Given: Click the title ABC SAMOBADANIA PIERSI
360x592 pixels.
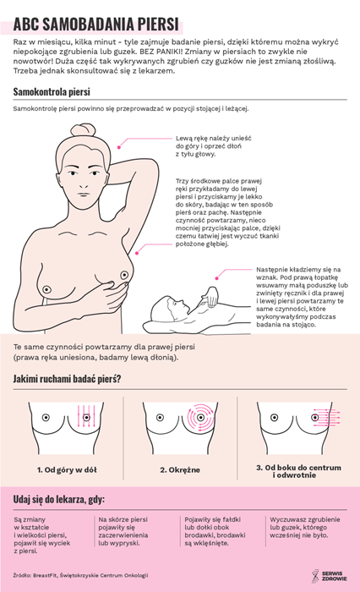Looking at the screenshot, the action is point(95,25).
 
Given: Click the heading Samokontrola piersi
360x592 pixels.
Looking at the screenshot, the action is point(52,91).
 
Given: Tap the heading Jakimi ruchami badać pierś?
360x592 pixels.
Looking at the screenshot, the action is point(67,379).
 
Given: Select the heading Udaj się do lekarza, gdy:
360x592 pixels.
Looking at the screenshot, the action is point(59,500).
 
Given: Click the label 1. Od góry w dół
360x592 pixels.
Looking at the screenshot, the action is point(67,470).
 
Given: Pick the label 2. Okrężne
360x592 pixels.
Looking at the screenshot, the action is point(180,470).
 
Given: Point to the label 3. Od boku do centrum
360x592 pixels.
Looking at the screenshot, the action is point(298,468).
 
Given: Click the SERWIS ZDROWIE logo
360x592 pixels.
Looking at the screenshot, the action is point(329,576).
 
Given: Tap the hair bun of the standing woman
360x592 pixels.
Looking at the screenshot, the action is point(84,130).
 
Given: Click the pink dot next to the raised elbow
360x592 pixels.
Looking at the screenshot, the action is point(119,147).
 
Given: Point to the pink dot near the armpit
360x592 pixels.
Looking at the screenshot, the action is point(137,253).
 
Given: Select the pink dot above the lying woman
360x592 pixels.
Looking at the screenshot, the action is point(216,278).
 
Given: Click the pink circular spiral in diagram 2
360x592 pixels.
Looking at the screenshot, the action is point(200,418).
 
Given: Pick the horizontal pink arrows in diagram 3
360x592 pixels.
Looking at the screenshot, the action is point(327,418).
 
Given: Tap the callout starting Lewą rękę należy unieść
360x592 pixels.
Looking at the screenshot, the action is point(213,146).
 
